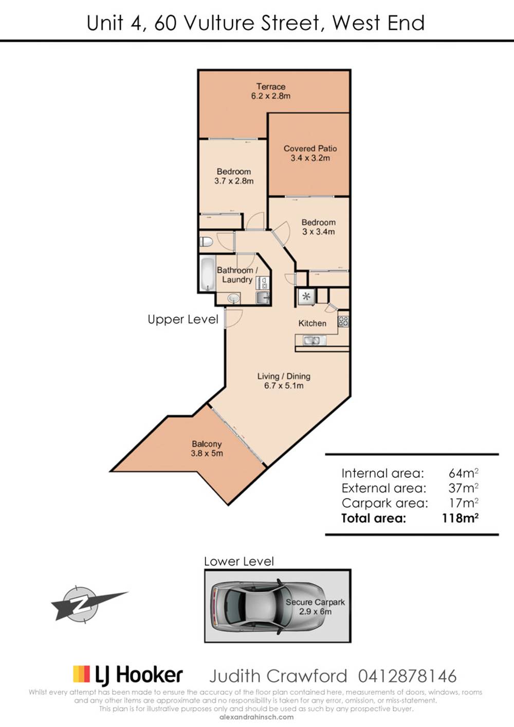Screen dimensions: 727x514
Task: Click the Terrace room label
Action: [271, 87]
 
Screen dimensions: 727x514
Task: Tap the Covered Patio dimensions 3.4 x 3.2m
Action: [310, 158]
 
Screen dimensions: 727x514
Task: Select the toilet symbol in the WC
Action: [206, 241]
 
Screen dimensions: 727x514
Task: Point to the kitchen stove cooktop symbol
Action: [343, 322]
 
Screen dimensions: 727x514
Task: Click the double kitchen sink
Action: [311, 340]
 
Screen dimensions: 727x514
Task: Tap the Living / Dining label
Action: [284, 376]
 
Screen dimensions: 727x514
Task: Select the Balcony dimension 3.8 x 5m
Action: [207, 454]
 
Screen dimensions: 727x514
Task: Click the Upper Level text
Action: [183, 319]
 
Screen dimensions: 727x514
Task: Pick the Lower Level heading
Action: [239, 561]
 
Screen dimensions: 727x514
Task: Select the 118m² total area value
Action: [460, 518]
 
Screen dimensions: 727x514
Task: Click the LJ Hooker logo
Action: [128, 675]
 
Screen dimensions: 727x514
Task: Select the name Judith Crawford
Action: [278, 676]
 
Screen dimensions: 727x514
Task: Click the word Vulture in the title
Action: [219, 23]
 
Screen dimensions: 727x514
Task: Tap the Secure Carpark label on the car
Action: [315, 602]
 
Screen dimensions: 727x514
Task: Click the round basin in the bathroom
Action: [233, 297]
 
